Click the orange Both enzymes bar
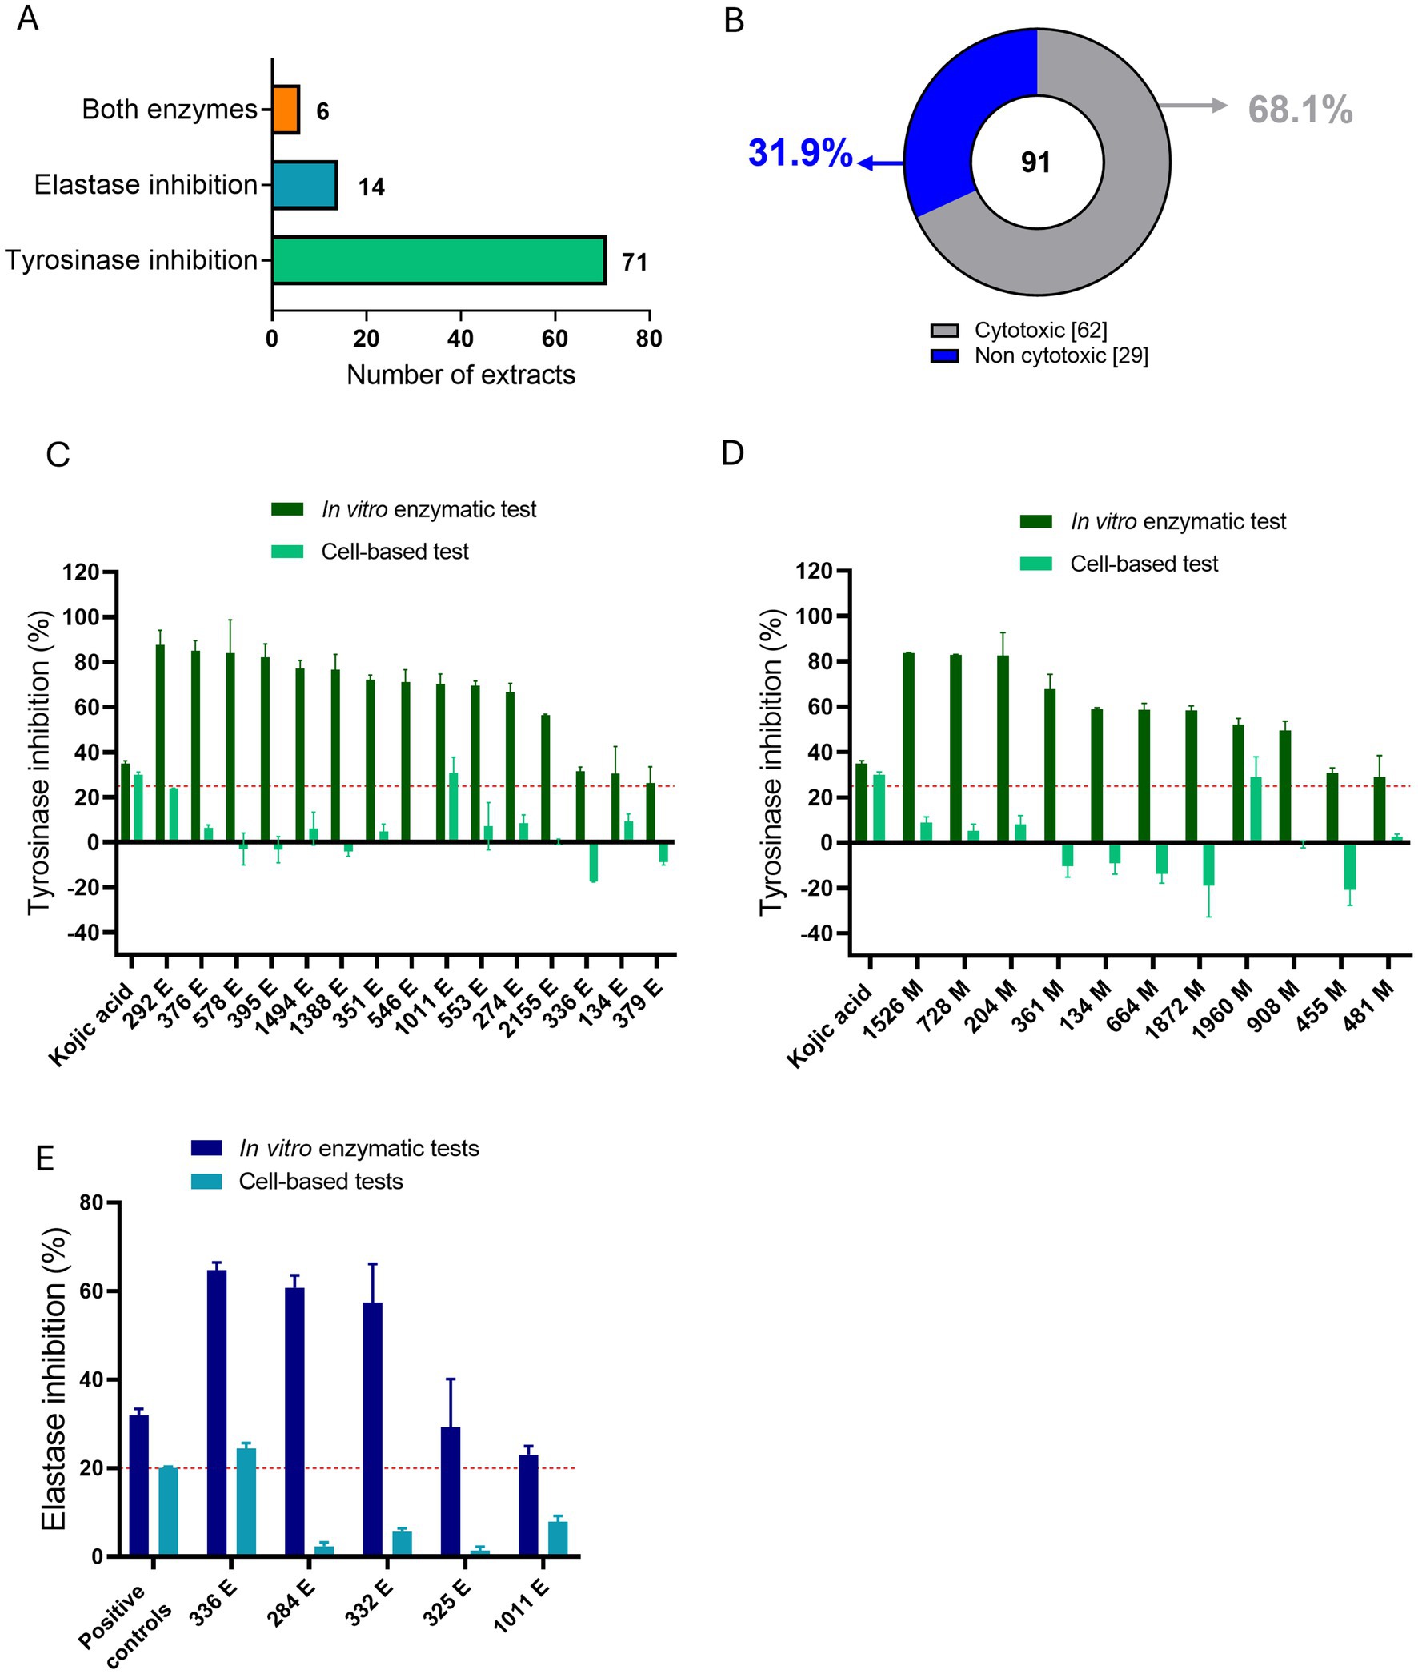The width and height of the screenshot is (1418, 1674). pos(286,110)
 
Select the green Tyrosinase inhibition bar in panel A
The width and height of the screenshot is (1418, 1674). pos(438,260)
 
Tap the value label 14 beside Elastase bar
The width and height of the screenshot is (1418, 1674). pos(371,187)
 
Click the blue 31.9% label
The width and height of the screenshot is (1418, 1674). pos(800,153)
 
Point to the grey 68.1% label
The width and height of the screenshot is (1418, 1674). pos(1300,110)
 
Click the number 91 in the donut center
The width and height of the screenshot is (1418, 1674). pos(1036,163)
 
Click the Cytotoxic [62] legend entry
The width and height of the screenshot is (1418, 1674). pos(1040,331)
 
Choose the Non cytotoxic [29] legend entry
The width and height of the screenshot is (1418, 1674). pos(1060,355)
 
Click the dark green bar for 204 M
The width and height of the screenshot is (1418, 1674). pos(1003,749)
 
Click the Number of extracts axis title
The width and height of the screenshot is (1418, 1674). pos(461,375)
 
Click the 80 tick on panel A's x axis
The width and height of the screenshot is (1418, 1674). pos(649,339)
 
